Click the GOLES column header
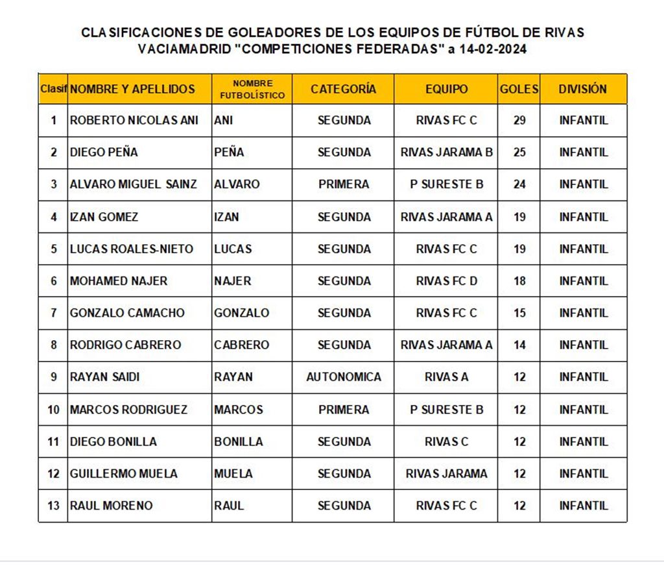tap(519, 89)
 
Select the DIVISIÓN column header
tap(583, 89)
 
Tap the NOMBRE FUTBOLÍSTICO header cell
tap(252, 89)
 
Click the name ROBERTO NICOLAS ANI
tap(134, 120)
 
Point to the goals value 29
tap(519, 120)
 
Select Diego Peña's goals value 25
tap(519, 153)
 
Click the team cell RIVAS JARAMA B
tap(446, 153)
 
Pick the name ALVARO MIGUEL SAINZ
tap(133, 184)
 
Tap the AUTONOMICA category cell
tap(344, 376)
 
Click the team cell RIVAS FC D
tap(446, 281)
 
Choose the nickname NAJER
tap(233, 281)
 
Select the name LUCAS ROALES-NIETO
tap(131, 249)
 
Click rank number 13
tap(53, 506)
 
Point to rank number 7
tap(53, 313)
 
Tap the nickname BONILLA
tap(239, 441)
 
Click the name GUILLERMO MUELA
tap(123, 474)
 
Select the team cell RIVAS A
tap(446, 376)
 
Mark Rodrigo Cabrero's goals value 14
tap(519, 345)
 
